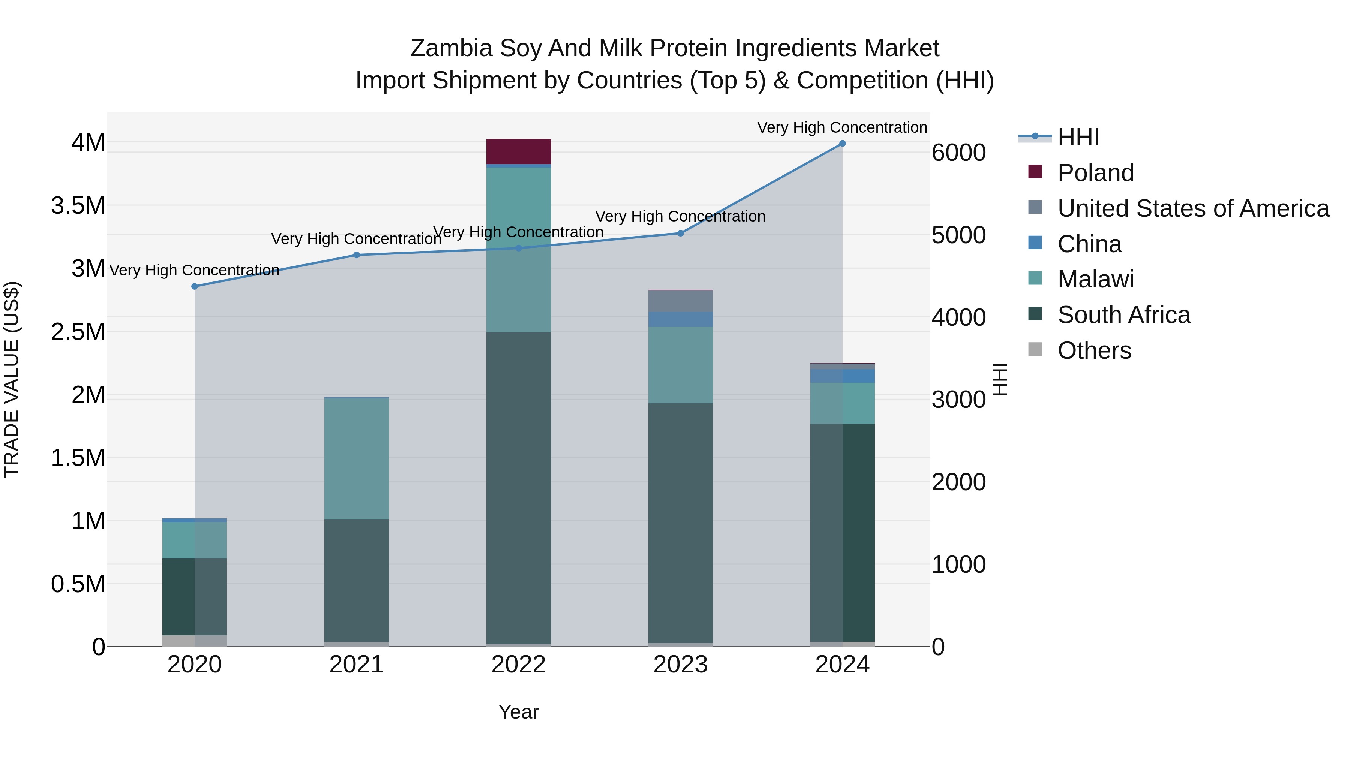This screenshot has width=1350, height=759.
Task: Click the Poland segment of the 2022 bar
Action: (x=518, y=151)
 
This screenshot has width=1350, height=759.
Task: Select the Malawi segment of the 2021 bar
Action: (x=356, y=458)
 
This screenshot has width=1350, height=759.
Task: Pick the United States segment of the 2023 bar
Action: (x=680, y=301)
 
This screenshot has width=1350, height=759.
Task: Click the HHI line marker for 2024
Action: (x=842, y=144)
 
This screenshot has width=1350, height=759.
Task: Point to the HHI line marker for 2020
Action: (x=194, y=286)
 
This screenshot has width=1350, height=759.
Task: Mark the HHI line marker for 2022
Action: (x=518, y=248)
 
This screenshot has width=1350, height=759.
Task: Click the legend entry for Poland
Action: (x=1095, y=173)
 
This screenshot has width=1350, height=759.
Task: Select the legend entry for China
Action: (x=1089, y=244)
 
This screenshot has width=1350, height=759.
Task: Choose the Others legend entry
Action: (x=1094, y=350)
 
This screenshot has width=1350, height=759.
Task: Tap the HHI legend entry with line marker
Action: (x=1077, y=137)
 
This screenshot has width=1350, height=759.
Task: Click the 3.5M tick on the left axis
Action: (x=78, y=206)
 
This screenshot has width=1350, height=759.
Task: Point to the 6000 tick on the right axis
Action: (x=958, y=153)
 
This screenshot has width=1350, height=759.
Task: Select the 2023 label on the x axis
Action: (x=680, y=665)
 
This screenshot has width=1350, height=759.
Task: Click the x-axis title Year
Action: (x=518, y=712)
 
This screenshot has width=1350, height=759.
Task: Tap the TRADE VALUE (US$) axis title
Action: (x=12, y=379)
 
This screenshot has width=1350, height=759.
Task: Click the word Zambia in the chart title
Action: (x=451, y=48)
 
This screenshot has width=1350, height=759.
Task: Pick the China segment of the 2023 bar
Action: (x=680, y=319)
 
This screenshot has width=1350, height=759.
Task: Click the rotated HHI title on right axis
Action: (x=1000, y=379)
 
